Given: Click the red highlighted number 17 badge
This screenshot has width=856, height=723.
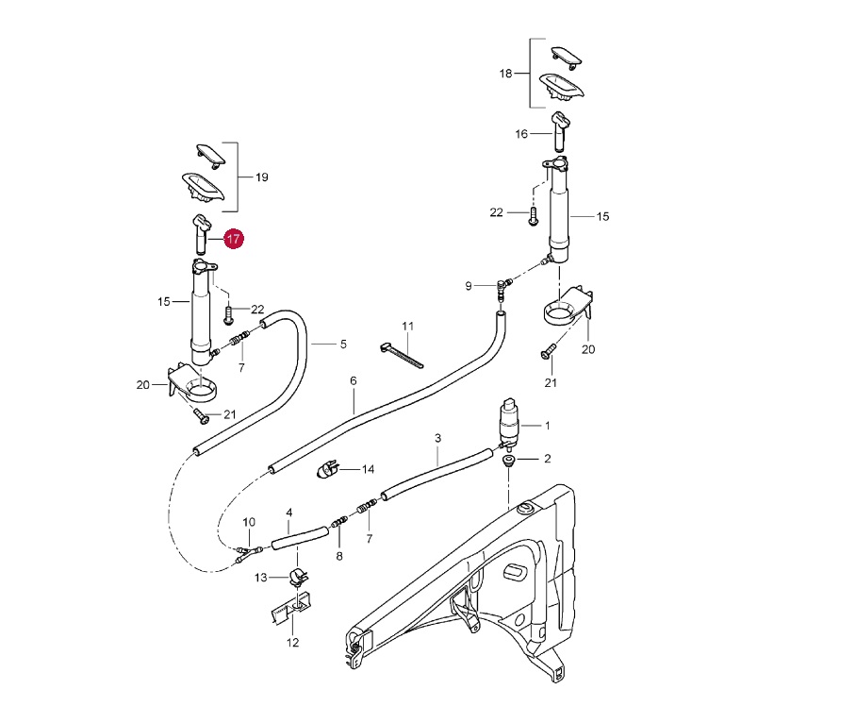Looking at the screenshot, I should [x=233, y=239].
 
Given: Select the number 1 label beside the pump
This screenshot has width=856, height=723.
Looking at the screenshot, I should [x=547, y=426].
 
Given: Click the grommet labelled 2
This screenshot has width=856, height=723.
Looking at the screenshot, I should [x=509, y=461].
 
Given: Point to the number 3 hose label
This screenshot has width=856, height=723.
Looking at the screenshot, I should [x=437, y=439].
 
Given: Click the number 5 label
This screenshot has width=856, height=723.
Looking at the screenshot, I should [x=343, y=345].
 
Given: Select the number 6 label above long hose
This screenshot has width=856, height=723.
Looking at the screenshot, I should [x=354, y=381].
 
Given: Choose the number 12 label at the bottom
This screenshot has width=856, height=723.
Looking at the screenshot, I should [x=292, y=643].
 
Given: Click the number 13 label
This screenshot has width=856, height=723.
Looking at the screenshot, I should [x=261, y=577].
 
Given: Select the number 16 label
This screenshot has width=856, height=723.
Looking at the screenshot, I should [x=521, y=134].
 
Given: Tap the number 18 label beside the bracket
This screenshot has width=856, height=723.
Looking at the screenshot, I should [x=505, y=73].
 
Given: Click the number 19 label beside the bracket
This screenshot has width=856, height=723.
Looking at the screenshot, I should [x=262, y=177].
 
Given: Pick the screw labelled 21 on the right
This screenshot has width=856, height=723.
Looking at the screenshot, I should [x=548, y=354].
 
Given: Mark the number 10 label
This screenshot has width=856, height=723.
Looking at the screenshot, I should [x=249, y=522].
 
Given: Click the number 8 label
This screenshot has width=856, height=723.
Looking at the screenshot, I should [x=339, y=556].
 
